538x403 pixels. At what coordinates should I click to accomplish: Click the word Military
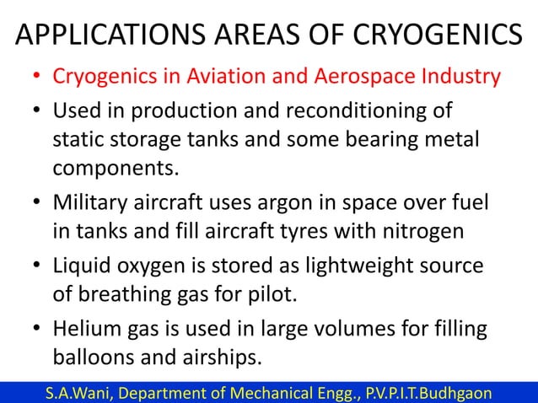pyautogui.click(x=91, y=203)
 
